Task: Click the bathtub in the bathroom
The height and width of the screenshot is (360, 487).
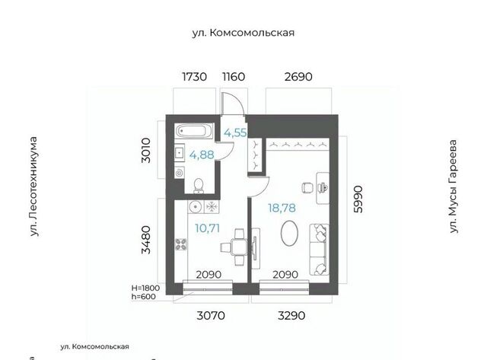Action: tap(194, 130)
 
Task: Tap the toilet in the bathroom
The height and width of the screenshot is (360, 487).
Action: tap(199, 186)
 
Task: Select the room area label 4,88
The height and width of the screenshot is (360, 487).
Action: tap(202, 155)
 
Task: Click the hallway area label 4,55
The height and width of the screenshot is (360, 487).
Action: tap(235, 133)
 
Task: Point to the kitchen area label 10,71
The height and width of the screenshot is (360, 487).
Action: tap(207, 228)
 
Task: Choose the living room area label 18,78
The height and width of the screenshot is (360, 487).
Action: tap(282, 208)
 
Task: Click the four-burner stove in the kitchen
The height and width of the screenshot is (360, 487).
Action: tap(181, 244)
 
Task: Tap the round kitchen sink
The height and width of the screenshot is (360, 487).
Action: tap(196, 206)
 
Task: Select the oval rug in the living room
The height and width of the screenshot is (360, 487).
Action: tap(289, 233)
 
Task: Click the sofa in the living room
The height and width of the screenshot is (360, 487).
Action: tap(319, 249)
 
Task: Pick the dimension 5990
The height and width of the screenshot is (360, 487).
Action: tap(358, 199)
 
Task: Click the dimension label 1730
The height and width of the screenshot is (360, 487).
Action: tap(194, 76)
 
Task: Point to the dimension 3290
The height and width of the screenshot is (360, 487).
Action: tap(291, 316)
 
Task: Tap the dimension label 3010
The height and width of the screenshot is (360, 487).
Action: tap(145, 151)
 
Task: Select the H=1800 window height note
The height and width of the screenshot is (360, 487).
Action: tap(145, 288)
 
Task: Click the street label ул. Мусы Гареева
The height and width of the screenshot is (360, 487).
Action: tap(454, 186)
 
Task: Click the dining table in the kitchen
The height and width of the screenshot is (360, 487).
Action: tap(239, 247)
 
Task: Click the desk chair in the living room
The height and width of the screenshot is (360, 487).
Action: tap(307, 187)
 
